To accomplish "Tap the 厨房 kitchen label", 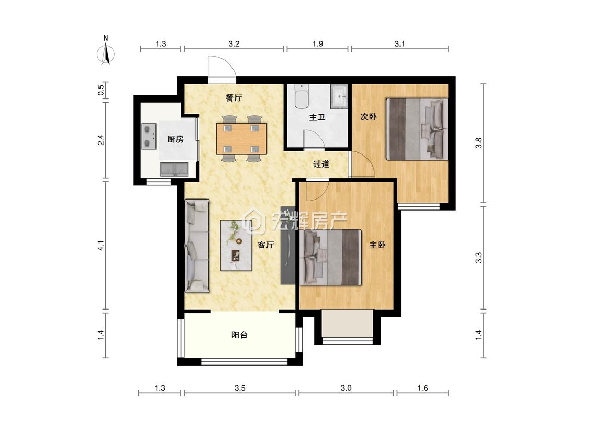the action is [x=175, y=139].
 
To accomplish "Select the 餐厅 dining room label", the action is [x=234, y=98].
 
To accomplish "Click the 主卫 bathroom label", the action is [x=317, y=118].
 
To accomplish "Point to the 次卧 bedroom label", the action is [x=369, y=116].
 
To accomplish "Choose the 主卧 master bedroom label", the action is [x=377, y=245].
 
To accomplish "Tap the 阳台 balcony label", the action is [x=239, y=335].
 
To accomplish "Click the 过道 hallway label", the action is [x=321, y=164].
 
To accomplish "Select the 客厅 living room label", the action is [x=265, y=245].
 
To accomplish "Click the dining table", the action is [x=241, y=139].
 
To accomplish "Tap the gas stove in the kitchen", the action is [x=149, y=137].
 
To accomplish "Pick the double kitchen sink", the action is [x=174, y=170].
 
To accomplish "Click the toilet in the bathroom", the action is [x=302, y=96].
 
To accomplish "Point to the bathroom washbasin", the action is [x=340, y=96].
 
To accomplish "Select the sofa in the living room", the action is [x=197, y=246].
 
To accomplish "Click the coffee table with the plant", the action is [x=236, y=246].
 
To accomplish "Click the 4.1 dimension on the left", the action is [x=101, y=246].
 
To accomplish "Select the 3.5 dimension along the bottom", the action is [x=240, y=388].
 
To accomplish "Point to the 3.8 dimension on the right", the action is [x=478, y=143].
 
